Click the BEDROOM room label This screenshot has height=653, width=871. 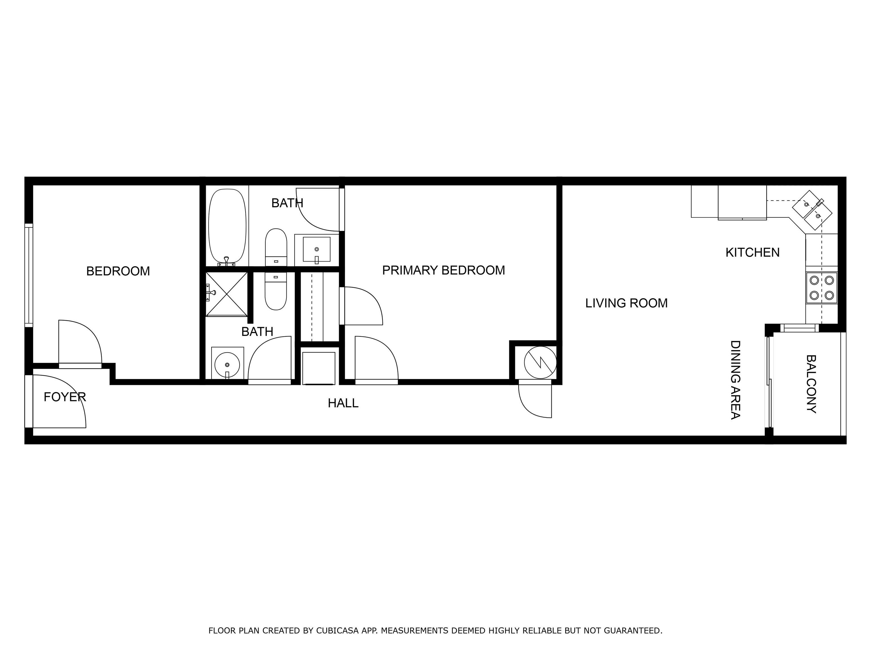click(x=118, y=271)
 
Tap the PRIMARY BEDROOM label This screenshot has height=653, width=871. click(x=443, y=270)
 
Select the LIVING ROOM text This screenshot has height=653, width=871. click(x=626, y=303)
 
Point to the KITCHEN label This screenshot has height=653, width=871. click(x=752, y=252)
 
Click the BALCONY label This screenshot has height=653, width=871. click(x=811, y=384)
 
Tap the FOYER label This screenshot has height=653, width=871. click(x=65, y=397)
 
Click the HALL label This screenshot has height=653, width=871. click(x=343, y=403)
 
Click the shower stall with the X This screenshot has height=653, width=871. click(x=227, y=294)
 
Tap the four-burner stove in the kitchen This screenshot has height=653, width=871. click(x=821, y=288)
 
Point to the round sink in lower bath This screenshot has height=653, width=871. click(x=227, y=364)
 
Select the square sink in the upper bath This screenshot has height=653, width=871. click(x=317, y=249)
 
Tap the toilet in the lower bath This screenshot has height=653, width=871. click(x=276, y=291)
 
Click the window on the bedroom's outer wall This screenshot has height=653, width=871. click(x=29, y=275)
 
